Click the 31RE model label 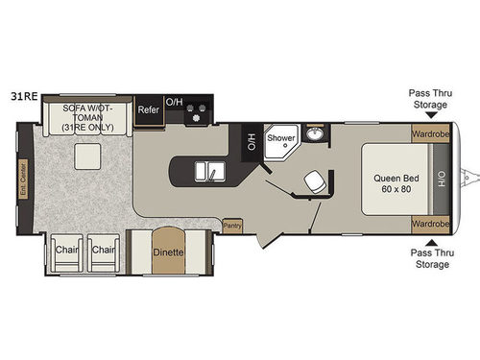coord(23,97)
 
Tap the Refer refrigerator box coord(148,109)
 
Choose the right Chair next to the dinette coord(104,252)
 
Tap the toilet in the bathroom coord(313,181)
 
